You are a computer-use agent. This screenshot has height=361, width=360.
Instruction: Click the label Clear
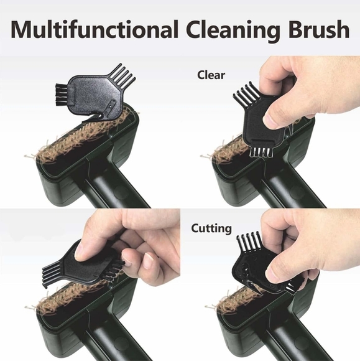tap(211, 75)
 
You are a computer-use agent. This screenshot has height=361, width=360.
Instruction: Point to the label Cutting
tap(211, 228)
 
